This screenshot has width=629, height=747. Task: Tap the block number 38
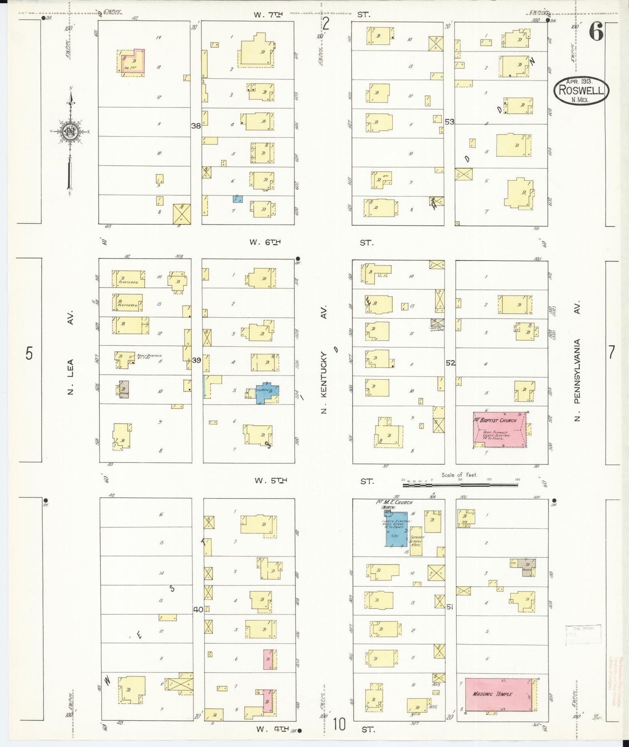196,126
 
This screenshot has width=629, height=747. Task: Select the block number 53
449,122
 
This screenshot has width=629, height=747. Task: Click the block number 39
196,360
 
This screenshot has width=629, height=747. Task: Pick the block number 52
450,363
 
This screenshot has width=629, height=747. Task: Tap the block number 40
198,610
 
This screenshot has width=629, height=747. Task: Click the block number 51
450,606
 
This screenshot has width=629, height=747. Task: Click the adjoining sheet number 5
29,354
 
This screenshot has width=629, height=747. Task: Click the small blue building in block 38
237,199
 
